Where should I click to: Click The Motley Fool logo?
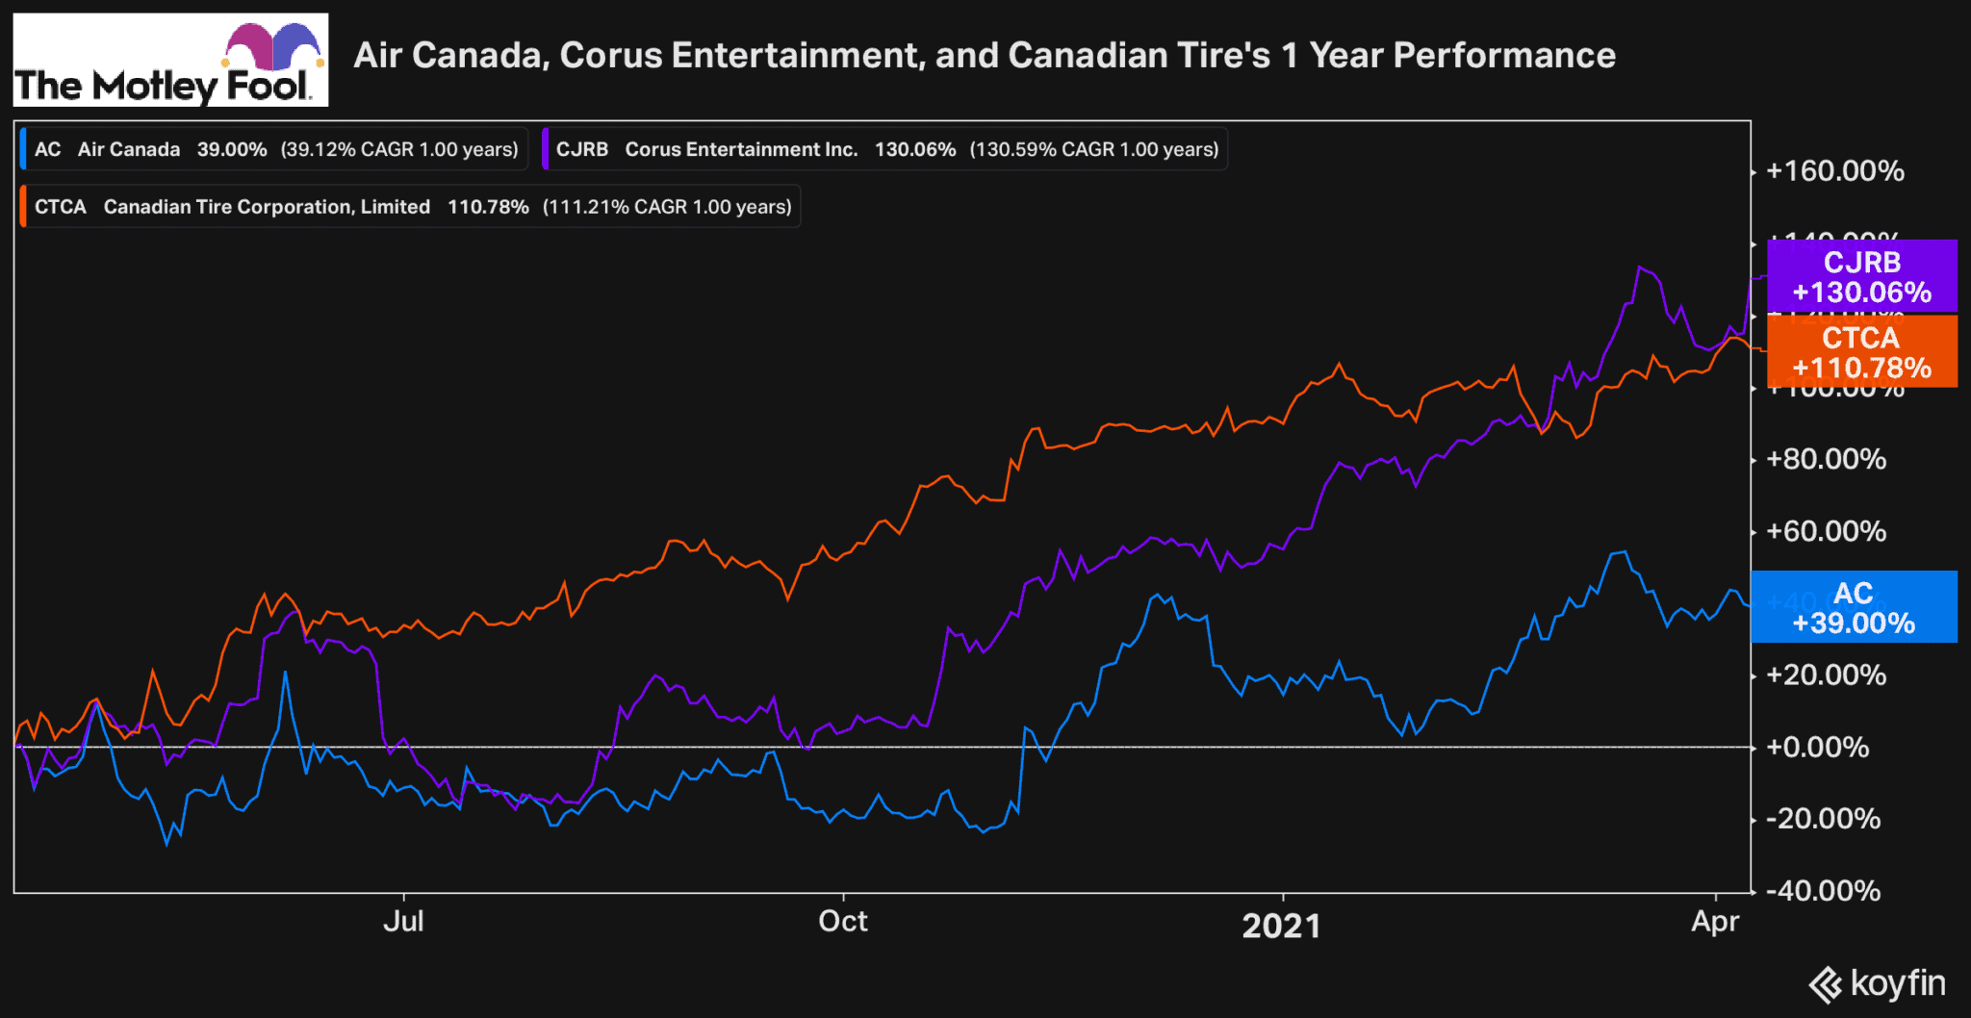[x=170, y=60]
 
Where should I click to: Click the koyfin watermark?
[x=1878, y=983]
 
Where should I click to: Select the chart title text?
[x=985, y=56]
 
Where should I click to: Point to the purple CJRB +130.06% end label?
[x=1861, y=277]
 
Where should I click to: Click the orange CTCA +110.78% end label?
[x=1861, y=352]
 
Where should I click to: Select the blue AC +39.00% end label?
[x=1854, y=607]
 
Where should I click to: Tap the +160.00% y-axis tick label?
[x=1834, y=171]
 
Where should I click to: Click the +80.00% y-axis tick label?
[x=1826, y=459]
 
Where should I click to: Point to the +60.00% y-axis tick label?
[x=1826, y=531]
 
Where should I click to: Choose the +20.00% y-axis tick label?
[x=1826, y=674]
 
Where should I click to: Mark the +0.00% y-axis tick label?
[x=1817, y=747]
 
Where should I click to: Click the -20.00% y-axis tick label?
[x=1823, y=819]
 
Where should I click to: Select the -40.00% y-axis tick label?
[x=1823, y=891]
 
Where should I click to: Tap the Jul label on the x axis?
[x=403, y=922]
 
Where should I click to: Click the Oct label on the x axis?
[x=842, y=922]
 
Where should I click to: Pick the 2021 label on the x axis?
[x=1281, y=926]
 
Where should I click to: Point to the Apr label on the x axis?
[x=1715, y=922]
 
